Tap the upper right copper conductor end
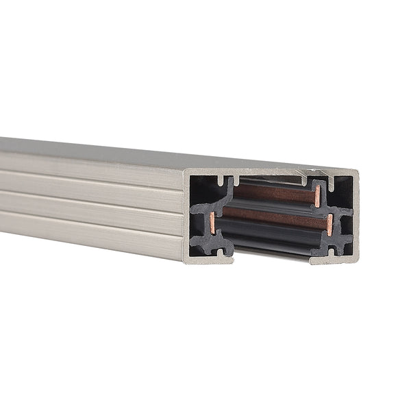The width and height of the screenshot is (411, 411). click(317, 196)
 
